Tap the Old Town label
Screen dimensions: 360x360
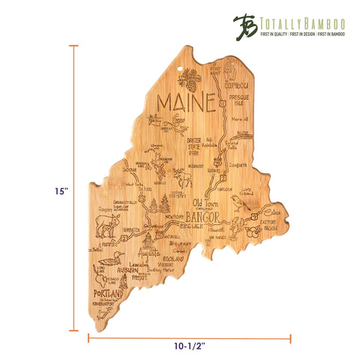pos(208,202)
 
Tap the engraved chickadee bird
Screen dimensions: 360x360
pos(238,202)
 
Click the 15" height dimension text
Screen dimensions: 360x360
pos(61,191)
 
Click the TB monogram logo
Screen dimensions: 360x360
pos(243,22)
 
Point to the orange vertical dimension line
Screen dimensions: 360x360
pos(74,187)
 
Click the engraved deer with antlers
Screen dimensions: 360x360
pos(182,177)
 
